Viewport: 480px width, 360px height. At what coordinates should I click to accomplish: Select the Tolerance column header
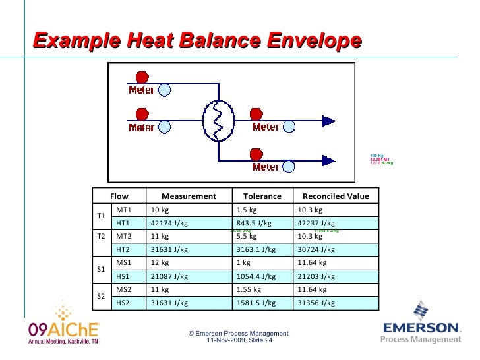click(262, 196)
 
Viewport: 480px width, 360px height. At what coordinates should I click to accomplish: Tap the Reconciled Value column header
click(335, 196)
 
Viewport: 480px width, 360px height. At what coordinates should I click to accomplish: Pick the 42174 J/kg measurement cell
click(170, 223)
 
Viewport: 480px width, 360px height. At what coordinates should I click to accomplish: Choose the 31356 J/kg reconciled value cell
click(316, 303)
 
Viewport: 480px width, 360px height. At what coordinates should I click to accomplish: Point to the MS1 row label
click(124, 263)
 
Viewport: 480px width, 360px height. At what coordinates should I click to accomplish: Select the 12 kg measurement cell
click(161, 263)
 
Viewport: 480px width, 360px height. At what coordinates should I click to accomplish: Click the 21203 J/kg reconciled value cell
click(316, 276)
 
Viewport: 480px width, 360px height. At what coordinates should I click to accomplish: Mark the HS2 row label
click(123, 303)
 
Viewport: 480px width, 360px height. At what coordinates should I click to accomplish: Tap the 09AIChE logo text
click(64, 330)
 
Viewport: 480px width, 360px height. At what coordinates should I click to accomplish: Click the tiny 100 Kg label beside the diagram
click(376, 155)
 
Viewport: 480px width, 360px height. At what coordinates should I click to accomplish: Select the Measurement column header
click(189, 196)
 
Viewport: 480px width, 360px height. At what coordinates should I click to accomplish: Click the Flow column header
click(119, 196)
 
